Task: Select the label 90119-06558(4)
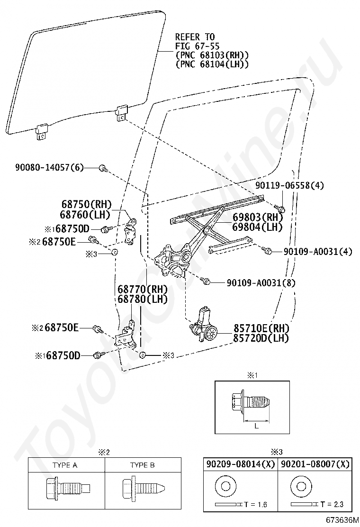coord(290,185)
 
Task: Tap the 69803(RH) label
coord(257,218)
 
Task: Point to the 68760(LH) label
coord(86,214)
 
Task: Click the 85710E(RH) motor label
coord(261,328)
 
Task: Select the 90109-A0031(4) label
coord(318,251)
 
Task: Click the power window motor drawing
coord(204,326)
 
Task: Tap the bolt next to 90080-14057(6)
coord(103,168)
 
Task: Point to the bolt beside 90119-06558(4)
coord(280,208)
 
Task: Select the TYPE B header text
coord(143,465)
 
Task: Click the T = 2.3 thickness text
coord(332,504)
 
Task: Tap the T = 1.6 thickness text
coord(256,504)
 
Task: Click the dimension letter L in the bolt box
coord(256,426)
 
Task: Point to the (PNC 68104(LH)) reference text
coord(212,64)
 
